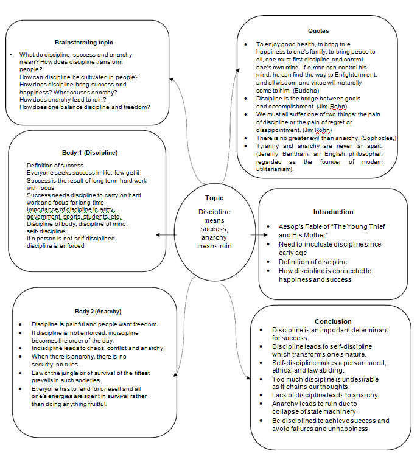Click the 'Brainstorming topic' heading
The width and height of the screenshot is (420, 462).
[x=83, y=43]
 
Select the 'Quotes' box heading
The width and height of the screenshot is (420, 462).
[x=318, y=30]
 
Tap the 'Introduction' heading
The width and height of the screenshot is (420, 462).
[x=333, y=212]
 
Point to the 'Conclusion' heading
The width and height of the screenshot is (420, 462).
[x=333, y=321]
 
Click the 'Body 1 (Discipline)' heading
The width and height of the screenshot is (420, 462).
[x=87, y=152]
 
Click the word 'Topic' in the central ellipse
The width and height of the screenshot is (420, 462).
[x=214, y=198]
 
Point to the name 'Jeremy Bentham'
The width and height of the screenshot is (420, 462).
[x=282, y=154]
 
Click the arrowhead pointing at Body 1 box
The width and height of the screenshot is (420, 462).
[x=158, y=234]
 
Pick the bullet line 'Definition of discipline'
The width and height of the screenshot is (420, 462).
[x=313, y=262]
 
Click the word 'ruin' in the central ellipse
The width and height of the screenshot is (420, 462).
[x=226, y=246]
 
